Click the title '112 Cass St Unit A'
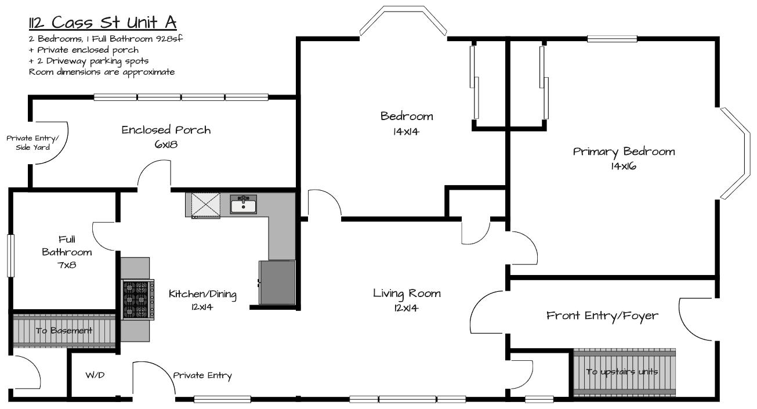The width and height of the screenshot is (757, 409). pyautogui.click(x=103, y=23)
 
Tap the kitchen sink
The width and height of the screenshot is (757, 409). pyautogui.click(x=243, y=204)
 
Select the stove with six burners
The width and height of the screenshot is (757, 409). pyautogui.click(x=137, y=299)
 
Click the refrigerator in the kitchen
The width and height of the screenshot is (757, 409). pyautogui.click(x=277, y=283)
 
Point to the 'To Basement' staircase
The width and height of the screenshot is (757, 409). pyautogui.click(x=64, y=330)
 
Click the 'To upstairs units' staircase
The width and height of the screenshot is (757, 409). pyautogui.click(x=625, y=372)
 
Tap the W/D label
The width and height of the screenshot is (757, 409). pyautogui.click(x=95, y=375)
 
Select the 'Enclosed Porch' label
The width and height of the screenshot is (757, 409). pyautogui.click(x=166, y=130)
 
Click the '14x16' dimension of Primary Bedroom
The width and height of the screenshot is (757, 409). pyautogui.click(x=624, y=167)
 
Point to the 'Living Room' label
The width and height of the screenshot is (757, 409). pyautogui.click(x=407, y=294)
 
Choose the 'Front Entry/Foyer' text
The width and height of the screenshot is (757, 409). pyautogui.click(x=602, y=316)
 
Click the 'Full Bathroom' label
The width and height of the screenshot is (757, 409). pyautogui.click(x=67, y=246)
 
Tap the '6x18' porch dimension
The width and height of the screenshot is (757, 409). pyautogui.click(x=166, y=144)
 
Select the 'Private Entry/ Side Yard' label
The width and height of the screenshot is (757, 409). pyautogui.click(x=33, y=143)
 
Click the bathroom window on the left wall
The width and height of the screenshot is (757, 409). pyautogui.click(x=11, y=256)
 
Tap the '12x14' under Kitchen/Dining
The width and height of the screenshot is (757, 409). pyautogui.click(x=202, y=307)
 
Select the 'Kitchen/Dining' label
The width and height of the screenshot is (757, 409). pyautogui.click(x=202, y=294)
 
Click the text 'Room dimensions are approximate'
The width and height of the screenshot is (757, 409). pyautogui.click(x=102, y=73)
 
